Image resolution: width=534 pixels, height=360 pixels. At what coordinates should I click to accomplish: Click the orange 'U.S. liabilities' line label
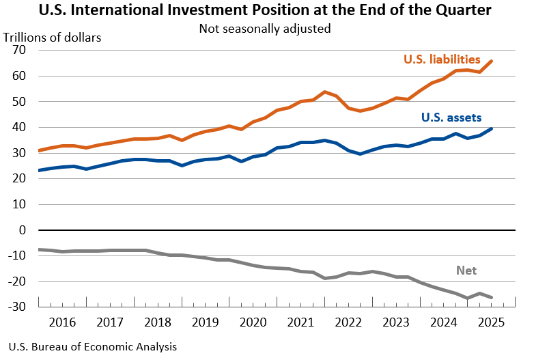(x=442, y=59)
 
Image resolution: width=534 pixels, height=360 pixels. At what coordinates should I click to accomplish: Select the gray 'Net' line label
(x=466, y=271)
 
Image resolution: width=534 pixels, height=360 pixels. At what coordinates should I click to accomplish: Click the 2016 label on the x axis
(x=63, y=322)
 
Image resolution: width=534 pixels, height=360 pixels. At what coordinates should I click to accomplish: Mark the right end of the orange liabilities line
(x=493, y=61)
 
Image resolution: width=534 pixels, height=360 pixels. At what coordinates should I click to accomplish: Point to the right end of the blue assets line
(x=493, y=128)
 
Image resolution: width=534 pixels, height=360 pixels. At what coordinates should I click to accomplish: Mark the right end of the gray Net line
(x=493, y=297)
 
